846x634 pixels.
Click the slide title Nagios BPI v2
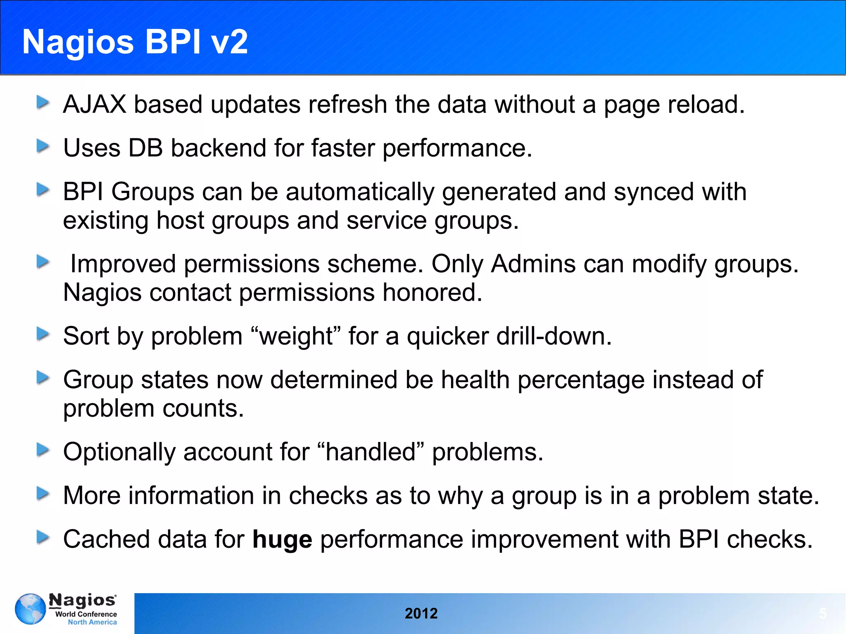pyautogui.click(x=135, y=42)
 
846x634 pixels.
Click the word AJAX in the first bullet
pyautogui.click(x=94, y=104)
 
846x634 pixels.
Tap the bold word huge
pyautogui.click(x=282, y=539)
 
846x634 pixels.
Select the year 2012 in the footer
pyautogui.click(x=421, y=613)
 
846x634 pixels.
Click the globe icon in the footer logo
pyautogui.click(x=30, y=609)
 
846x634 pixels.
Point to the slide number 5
pyautogui.click(x=822, y=613)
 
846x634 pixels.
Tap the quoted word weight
pyautogui.click(x=295, y=336)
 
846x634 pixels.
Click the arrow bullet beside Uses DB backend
pyautogui.click(x=43, y=146)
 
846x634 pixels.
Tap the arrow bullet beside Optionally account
pyautogui.click(x=43, y=450)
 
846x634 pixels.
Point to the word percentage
pyautogui.click(x=581, y=380)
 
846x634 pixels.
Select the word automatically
pyautogui.click(x=360, y=192)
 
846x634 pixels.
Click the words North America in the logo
pyautogui.click(x=92, y=622)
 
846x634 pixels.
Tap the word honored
pyautogui.click(x=432, y=292)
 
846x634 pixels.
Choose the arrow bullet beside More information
pyautogui.click(x=43, y=494)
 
